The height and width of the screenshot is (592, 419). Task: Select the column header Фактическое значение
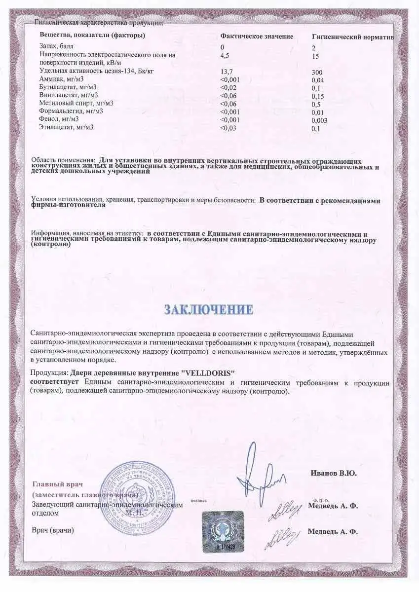257,37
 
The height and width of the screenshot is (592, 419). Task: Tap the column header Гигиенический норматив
353,37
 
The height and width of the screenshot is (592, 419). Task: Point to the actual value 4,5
225,55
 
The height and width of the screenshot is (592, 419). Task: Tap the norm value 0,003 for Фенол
320,120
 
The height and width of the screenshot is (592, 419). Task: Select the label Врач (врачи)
53,530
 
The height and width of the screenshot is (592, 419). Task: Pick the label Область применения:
63,160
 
